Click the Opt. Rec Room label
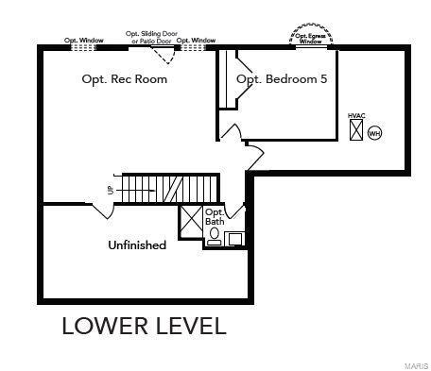[125, 79]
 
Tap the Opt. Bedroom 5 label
[282, 79]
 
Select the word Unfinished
[137, 245]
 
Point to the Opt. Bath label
[215, 217]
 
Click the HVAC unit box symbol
[356, 131]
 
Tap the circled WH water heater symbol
[374, 133]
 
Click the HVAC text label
[356, 116]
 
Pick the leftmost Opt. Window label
[83, 41]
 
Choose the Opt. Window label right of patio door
[197, 41]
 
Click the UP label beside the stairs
[111, 190]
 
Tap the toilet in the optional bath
[215, 235]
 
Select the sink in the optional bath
[234, 238]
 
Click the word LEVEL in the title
[188, 327]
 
